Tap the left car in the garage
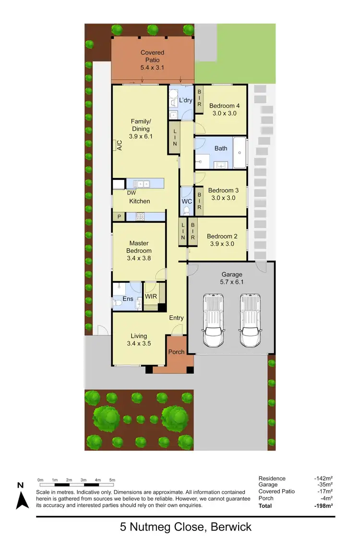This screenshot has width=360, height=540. (214, 320)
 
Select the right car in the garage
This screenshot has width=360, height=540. (250, 320)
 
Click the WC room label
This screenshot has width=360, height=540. (187, 201)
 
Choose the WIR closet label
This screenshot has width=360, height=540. (151, 296)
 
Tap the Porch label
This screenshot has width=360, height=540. (176, 352)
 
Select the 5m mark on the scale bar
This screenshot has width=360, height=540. (112, 480)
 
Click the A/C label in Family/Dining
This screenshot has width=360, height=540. (118, 145)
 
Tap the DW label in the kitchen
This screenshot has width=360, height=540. (131, 193)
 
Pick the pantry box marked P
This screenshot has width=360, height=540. (119, 217)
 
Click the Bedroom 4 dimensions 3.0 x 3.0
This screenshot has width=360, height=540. (225, 114)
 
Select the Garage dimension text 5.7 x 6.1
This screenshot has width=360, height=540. (232, 282)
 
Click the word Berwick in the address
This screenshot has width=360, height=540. (229, 527)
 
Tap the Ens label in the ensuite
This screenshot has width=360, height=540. (128, 299)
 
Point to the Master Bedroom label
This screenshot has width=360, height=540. (139, 247)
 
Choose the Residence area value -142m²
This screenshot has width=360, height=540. (323, 478)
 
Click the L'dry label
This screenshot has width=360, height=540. (186, 100)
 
